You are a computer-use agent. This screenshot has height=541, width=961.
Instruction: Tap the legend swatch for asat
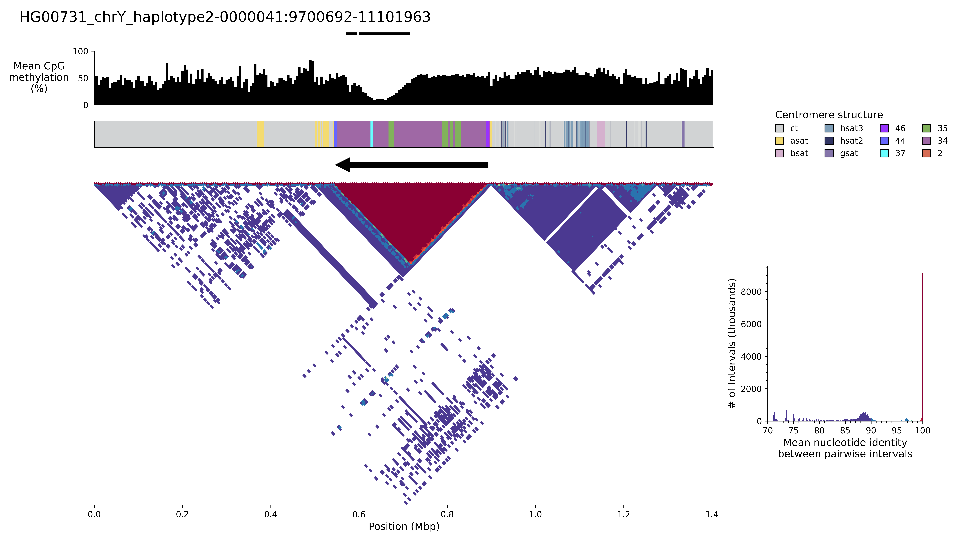(779, 141)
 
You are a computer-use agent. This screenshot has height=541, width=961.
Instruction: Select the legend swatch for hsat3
(829, 128)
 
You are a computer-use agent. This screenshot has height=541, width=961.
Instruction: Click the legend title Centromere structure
(829, 115)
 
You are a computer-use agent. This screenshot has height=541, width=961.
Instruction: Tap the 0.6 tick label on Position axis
(359, 514)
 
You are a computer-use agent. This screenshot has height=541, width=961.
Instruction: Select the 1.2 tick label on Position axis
(623, 514)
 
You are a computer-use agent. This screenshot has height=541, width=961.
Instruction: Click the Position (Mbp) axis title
(404, 526)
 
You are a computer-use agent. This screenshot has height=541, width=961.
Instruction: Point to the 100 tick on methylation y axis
(81, 51)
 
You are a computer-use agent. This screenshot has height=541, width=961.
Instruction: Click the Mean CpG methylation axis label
(39, 77)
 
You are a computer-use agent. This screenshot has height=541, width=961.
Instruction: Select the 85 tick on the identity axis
(845, 430)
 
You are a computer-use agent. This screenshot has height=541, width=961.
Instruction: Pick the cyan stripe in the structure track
(372, 134)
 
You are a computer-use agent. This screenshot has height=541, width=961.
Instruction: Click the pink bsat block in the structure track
(601, 134)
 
